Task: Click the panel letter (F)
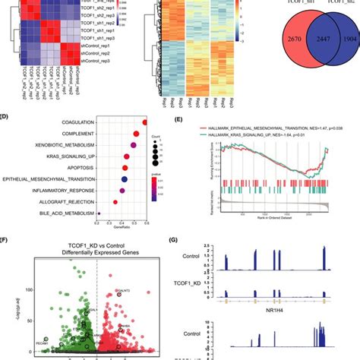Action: point(5,242)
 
